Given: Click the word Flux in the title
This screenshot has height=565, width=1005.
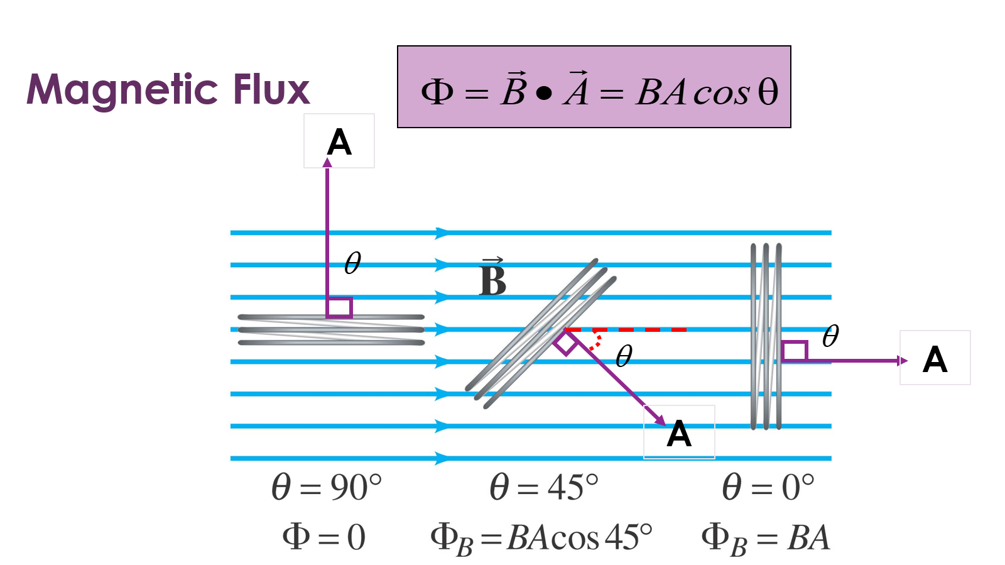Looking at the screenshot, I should tap(271, 90).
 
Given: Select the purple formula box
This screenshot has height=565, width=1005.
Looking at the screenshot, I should tap(594, 87).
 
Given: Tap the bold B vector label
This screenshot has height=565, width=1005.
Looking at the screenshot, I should tap(492, 279).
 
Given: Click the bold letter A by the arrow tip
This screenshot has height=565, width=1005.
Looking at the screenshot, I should tap(679, 434).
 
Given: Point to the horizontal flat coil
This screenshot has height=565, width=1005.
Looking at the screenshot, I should tap(331, 330).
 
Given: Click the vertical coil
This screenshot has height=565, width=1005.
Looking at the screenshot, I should tap(766, 336).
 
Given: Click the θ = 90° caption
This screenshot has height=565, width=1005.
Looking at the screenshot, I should tap(326, 488).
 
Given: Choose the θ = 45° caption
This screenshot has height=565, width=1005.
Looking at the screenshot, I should tap(544, 488).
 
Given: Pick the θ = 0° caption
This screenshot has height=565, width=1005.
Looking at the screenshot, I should tap(768, 488).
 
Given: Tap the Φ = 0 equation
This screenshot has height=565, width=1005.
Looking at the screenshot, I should tap(323, 537).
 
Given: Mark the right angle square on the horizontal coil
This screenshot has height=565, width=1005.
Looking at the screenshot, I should tap(339, 307).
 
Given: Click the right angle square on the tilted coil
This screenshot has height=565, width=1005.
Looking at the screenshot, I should tap(566, 343).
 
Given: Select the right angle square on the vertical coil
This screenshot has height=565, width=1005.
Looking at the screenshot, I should tap(795, 351).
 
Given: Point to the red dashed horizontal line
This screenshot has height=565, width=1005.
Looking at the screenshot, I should tap(628, 329).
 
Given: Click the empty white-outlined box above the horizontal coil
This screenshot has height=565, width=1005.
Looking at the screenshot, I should tap(339, 141).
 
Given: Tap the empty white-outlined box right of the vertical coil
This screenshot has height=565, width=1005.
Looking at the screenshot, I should tap(935, 358).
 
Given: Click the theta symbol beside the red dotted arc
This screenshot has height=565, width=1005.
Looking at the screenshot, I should tap(624, 356).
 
